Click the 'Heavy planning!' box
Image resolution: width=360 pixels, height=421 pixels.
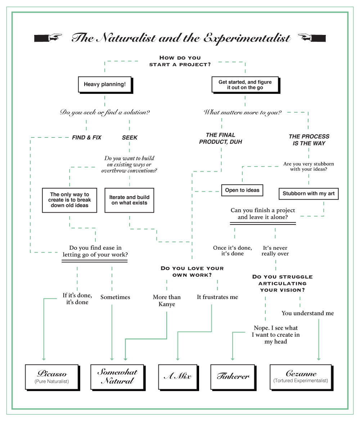pyautogui.click(x=105, y=85)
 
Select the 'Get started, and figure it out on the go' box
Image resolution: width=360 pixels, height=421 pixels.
pyautogui.click(x=245, y=85)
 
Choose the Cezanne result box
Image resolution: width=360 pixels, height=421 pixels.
pyautogui.click(x=301, y=376)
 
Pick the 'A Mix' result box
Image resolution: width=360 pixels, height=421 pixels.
pyautogui.click(x=177, y=376)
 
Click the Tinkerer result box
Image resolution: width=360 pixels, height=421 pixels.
pyautogui.click(x=233, y=376)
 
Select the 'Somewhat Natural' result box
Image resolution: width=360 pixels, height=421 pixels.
pyautogui.click(x=117, y=376)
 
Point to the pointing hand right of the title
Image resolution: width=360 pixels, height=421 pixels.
pyautogui.click(x=312, y=37)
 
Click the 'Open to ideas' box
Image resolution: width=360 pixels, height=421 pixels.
pyautogui.click(x=242, y=190)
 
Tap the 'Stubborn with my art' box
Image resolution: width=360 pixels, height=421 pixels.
pyautogui.click(x=309, y=193)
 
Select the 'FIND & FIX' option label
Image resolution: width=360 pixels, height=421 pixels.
pyautogui.click(x=87, y=137)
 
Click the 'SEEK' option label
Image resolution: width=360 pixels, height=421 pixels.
pyautogui.click(x=130, y=137)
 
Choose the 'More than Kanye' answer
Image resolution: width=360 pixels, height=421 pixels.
pyautogui.click(x=167, y=300)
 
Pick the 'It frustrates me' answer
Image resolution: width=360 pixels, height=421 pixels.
pyautogui.click(x=217, y=297)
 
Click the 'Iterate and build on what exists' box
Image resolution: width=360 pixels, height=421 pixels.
pyautogui.click(x=129, y=200)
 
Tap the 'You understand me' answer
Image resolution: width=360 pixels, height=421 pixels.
pyautogui.click(x=308, y=313)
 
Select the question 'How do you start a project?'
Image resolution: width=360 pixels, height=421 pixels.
pyautogui.click(x=180, y=61)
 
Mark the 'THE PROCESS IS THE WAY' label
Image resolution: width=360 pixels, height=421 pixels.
pyautogui.click(x=309, y=140)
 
